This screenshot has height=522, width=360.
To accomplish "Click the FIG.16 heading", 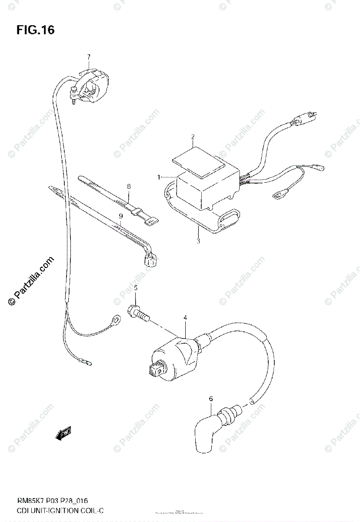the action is tap(36, 30).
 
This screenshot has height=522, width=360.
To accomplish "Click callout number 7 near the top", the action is tap(88, 57).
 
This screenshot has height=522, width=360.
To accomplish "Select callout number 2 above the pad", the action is tap(192, 137).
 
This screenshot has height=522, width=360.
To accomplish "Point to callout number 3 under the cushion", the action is tap(198, 241).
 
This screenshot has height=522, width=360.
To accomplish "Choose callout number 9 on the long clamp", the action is tap(121, 216).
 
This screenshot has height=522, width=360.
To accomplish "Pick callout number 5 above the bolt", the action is tap(135, 288).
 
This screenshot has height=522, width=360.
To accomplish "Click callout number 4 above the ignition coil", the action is tap(185, 318).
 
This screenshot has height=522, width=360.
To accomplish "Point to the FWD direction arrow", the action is tap(63, 433).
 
